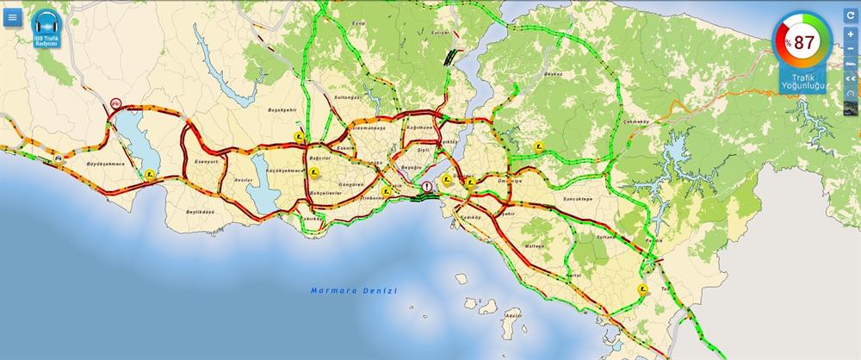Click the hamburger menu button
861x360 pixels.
(x=12, y=17)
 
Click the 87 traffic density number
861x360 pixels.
(x=804, y=42)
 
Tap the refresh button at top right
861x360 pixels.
(x=851, y=16)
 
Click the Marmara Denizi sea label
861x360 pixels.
(x=353, y=291)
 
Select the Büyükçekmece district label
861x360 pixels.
(x=106, y=164)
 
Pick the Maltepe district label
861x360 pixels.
(x=534, y=245)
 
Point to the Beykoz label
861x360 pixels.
(x=553, y=74)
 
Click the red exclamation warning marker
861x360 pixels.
(x=426, y=187)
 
